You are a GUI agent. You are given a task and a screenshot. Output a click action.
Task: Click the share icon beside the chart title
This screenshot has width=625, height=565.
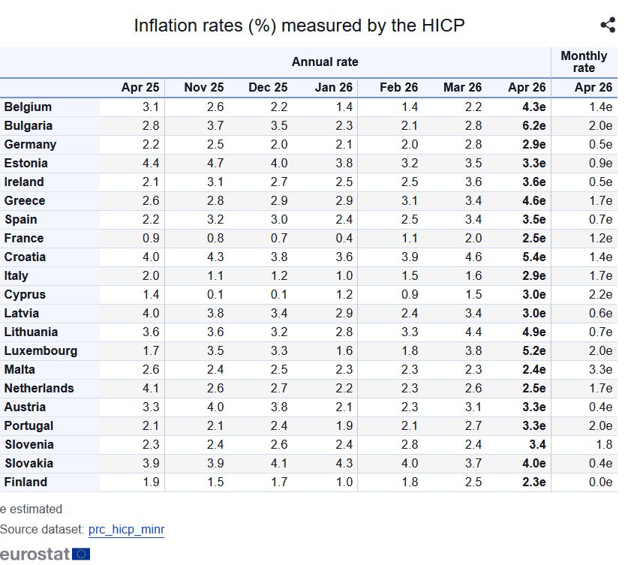point(608,26)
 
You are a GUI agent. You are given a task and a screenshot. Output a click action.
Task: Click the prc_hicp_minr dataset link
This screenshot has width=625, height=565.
point(126,530)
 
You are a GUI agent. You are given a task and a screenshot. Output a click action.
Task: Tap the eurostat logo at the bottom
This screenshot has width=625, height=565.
point(45,554)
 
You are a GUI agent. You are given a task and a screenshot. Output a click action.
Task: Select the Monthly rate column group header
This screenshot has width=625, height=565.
point(584,62)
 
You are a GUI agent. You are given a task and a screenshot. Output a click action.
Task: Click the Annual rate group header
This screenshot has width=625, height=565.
point(325,62)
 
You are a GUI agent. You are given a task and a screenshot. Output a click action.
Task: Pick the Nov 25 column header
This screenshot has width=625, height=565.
point(204,88)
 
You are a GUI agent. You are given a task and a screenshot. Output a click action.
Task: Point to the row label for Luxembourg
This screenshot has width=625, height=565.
point(41,350)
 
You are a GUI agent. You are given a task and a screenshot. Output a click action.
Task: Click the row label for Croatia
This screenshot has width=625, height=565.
point(25,257)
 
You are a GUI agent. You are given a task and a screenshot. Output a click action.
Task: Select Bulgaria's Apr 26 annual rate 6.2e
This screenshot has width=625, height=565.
point(534,125)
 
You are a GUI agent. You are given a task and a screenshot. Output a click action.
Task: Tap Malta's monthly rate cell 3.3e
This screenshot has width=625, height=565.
point(599,369)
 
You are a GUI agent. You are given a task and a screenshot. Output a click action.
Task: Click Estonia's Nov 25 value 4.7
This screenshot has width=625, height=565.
point(215,163)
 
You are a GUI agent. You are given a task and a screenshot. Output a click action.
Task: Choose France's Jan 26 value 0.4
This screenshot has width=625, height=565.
point(344,238)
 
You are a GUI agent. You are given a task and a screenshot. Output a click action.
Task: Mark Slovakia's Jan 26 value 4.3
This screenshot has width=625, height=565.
point(344,463)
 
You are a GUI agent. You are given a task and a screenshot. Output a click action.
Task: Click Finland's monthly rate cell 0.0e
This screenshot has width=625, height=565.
point(599,482)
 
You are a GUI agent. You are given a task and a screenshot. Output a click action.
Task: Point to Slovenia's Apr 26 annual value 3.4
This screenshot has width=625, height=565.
point(536,444)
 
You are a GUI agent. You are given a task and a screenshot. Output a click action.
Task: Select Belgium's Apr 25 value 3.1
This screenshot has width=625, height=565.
point(151,107)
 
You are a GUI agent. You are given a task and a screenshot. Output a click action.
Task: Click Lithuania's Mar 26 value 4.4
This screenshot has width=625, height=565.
point(473,332)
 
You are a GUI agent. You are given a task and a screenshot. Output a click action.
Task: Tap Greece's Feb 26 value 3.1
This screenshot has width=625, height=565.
point(410,200)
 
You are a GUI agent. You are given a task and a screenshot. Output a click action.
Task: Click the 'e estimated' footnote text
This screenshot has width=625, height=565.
point(32,509)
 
